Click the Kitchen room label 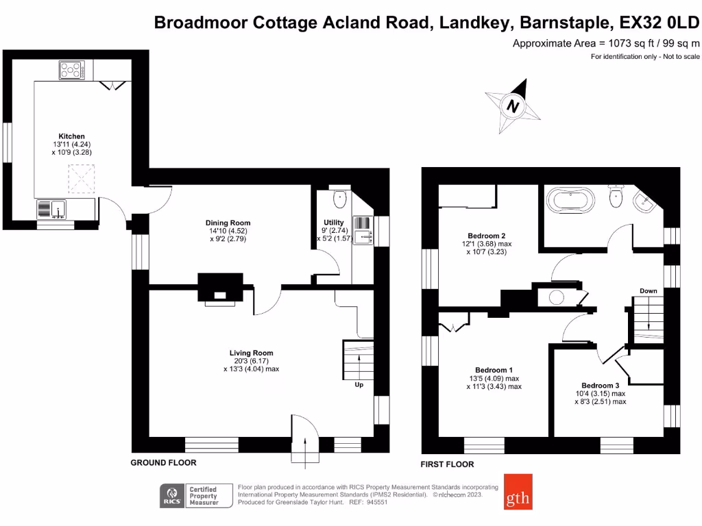click(x=71, y=136)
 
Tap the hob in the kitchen click(x=71, y=71)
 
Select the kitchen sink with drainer click(x=51, y=209)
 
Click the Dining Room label click(x=228, y=223)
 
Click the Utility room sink click(x=363, y=230)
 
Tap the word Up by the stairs click(x=359, y=385)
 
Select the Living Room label click(x=251, y=353)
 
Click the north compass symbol click(x=513, y=106)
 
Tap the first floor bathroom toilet click(x=616, y=196)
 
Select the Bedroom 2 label click(x=487, y=236)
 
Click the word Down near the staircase click(x=649, y=290)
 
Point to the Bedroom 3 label click(x=601, y=386)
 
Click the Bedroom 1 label click(x=494, y=370)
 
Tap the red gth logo click(x=518, y=492)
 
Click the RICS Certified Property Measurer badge click(x=196, y=496)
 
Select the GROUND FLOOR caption click(x=163, y=462)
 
